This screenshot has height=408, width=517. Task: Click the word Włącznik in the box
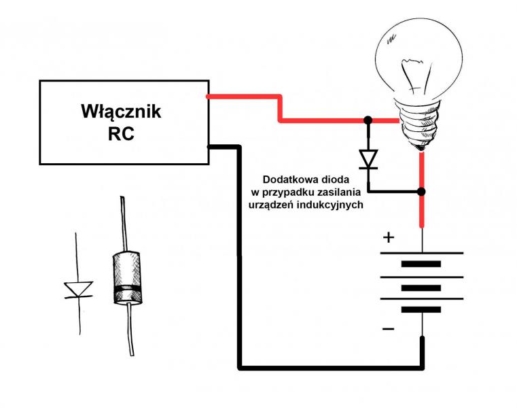tap(121, 111)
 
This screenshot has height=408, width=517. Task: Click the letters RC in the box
tap(121, 133)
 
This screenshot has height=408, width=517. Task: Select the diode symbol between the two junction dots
tap(368, 158)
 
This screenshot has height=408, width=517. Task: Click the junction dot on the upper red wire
tap(368, 120)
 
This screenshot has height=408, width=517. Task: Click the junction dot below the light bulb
tap(421, 192)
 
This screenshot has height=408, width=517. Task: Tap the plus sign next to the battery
tap(389, 237)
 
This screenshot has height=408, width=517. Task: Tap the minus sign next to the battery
tap(388, 329)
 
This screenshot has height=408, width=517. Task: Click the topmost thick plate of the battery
tap(422, 265)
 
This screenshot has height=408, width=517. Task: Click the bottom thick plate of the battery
tap(422, 309)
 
